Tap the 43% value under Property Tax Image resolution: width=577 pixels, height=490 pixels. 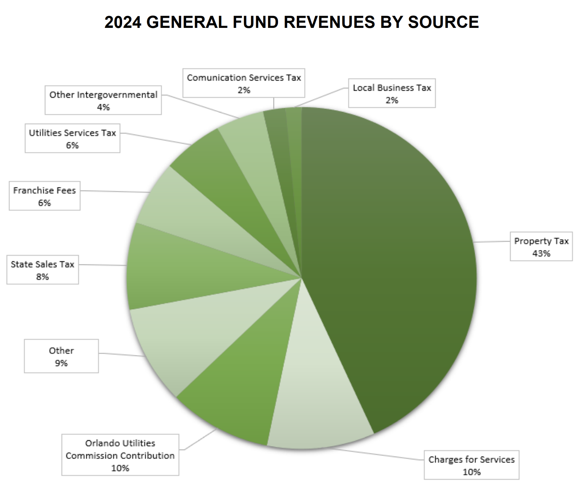(541, 253)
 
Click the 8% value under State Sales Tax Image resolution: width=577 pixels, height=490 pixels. (42, 277)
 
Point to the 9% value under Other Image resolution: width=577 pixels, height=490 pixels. (61, 363)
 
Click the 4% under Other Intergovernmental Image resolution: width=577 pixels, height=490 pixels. (103, 107)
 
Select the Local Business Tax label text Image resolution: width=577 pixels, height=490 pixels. (392, 88)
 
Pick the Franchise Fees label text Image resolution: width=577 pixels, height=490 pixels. (45, 190)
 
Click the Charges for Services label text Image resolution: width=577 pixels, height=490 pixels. (471, 460)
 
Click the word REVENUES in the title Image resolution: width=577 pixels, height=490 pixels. (329, 22)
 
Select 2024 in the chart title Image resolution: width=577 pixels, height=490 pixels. (123, 22)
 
